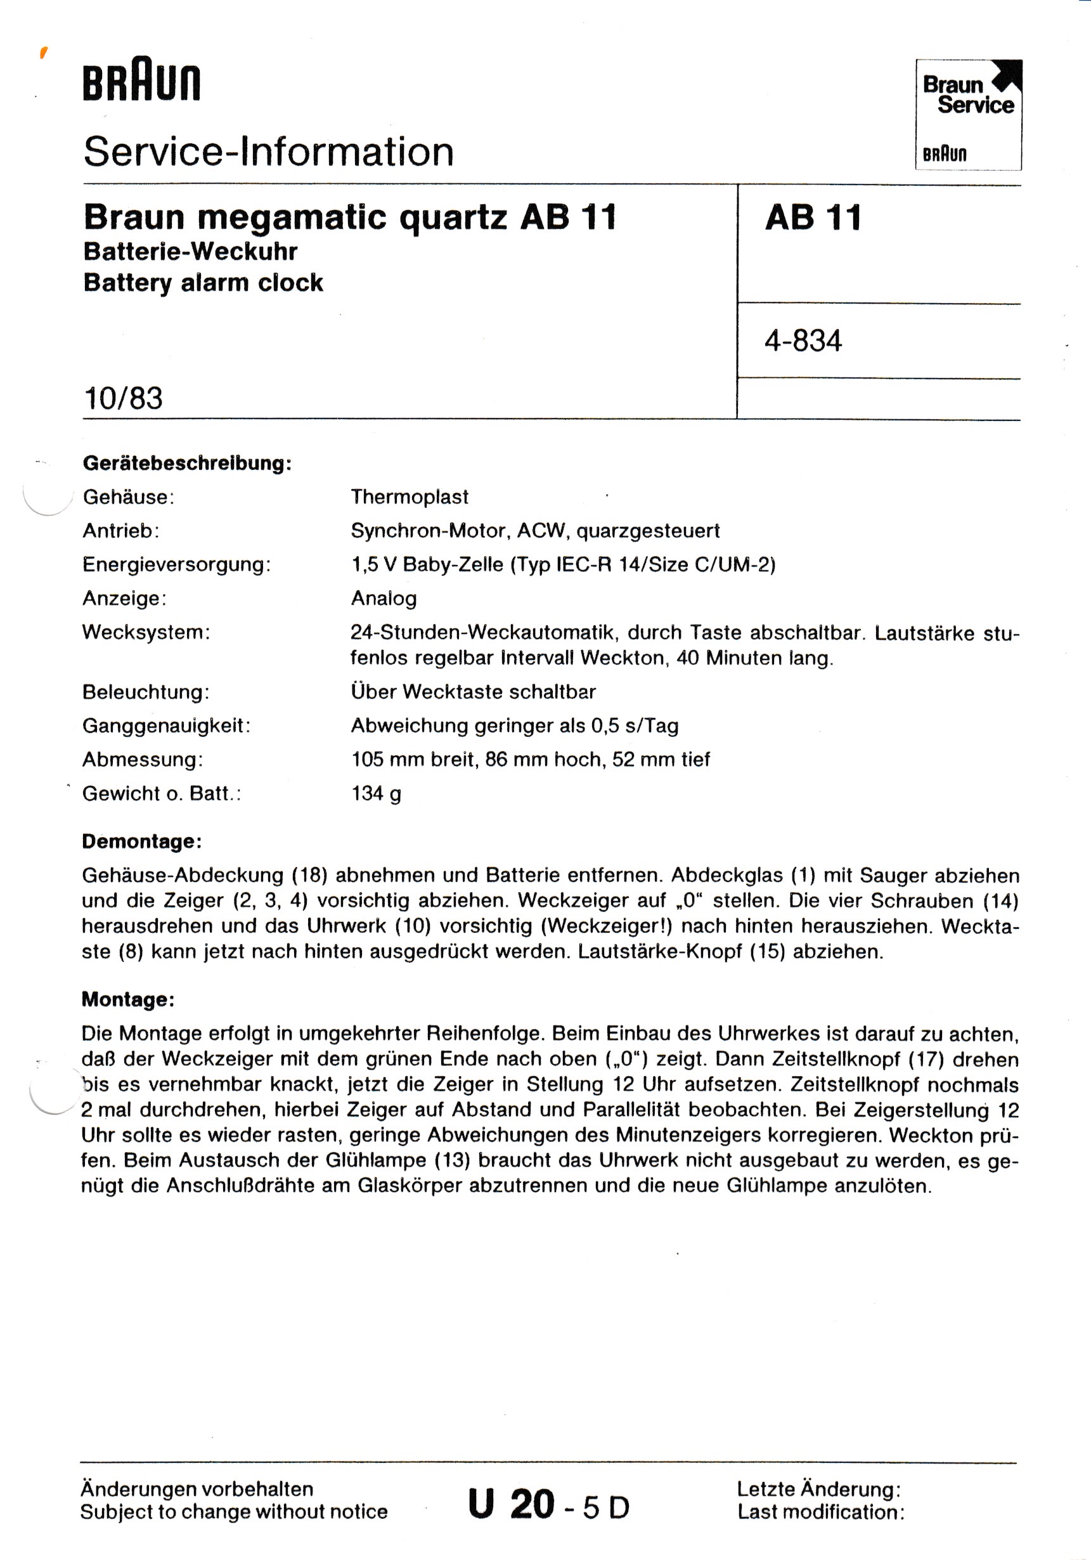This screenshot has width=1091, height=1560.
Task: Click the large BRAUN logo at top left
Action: tap(141, 83)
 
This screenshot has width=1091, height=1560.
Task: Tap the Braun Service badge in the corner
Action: tap(968, 114)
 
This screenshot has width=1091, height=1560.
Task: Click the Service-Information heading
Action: tap(268, 151)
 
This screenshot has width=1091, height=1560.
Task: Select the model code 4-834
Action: tap(803, 341)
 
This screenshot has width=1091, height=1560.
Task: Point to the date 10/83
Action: tap(123, 398)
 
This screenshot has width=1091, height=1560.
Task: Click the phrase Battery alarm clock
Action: tap(203, 283)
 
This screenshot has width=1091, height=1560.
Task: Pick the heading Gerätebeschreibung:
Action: tap(187, 464)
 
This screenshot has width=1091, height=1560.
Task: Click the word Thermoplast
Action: tap(410, 497)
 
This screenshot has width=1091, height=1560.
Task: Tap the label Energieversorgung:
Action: tap(177, 564)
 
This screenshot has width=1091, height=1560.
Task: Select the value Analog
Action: tap(384, 599)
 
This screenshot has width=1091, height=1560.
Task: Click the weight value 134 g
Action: tap(377, 793)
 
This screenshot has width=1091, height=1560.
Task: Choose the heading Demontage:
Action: tap(142, 841)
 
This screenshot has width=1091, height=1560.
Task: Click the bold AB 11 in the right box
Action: tap(813, 218)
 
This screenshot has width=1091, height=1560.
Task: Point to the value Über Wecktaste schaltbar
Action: tap(474, 692)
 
